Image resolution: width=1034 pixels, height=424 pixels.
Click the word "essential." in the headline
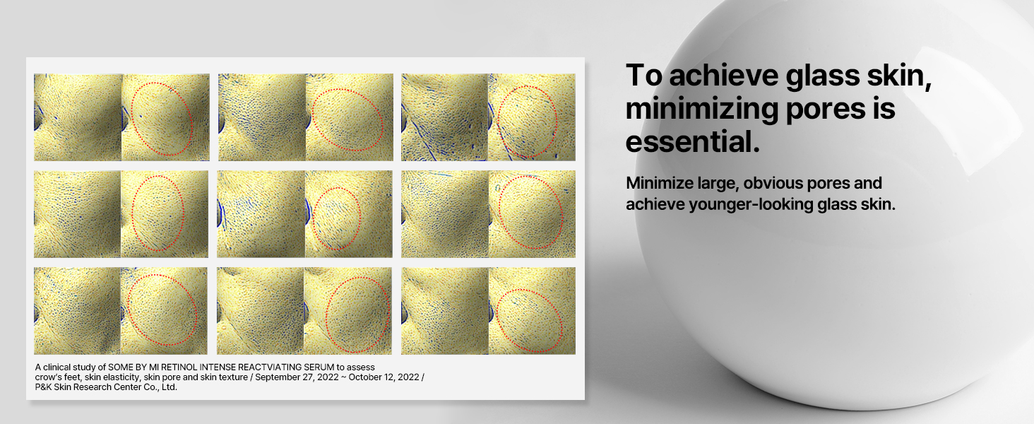pyautogui.click(x=692, y=142)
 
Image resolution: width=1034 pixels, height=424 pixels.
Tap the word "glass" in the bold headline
pyautogui.click(x=822, y=76)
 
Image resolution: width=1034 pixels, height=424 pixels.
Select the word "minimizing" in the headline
pyautogui.click(x=701, y=109)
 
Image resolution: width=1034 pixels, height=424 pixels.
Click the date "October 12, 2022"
pyautogui.click(x=384, y=377)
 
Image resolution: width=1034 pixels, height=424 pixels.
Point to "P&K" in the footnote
pyautogui.click(x=43, y=387)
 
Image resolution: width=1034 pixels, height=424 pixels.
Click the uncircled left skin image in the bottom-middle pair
pyautogui.click(x=261, y=311)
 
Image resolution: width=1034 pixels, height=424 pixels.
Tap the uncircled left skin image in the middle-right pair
pyautogui.click(x=444, y=214)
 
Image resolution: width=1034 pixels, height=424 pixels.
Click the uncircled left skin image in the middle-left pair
pyautogui.click(x=77, y=214)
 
